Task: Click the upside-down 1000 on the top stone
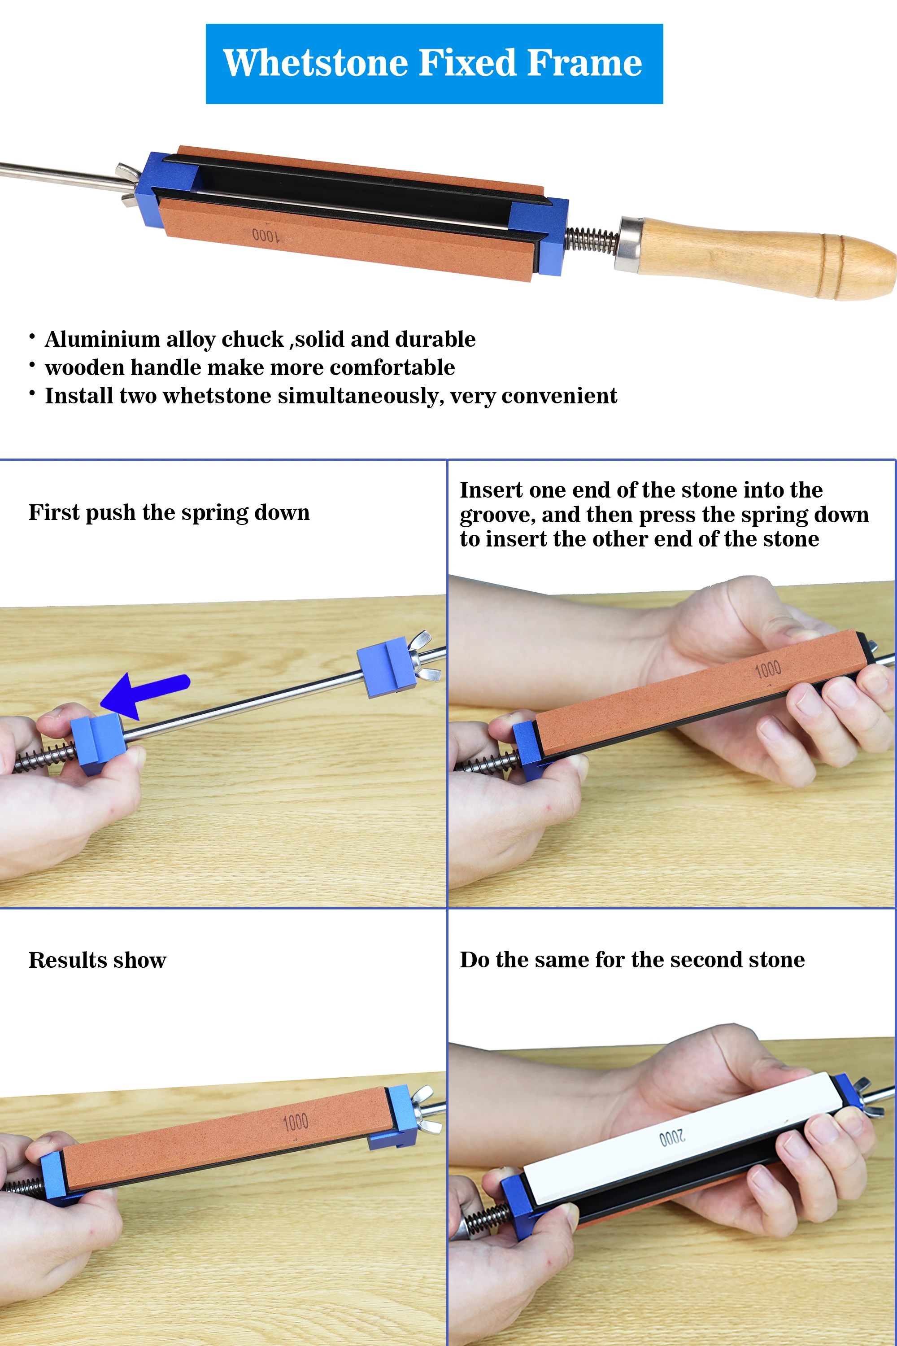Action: click(x=266, y=235)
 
